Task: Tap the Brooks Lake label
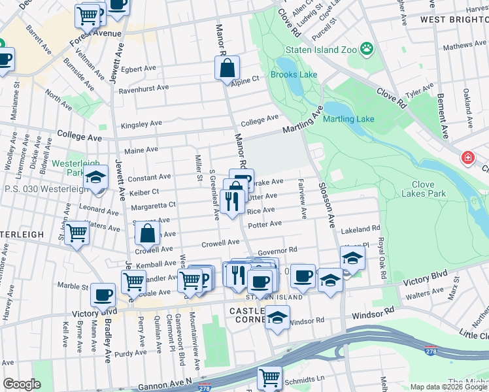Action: (x=294, y=74)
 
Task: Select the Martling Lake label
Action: (x=348, y=119)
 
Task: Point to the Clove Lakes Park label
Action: (x=423, y=189)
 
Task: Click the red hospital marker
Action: (x=468, y=158)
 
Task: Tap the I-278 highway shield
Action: (x=430, y=351)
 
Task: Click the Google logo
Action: (x=22, y=384)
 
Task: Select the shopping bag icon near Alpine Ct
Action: (x=227, y=67)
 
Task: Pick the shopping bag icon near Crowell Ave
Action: (x=148, y=232)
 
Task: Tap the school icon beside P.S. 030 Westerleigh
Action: (x=95, y=178)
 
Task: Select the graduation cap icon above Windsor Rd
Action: (x=277, y=317)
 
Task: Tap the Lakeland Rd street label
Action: (x=360, y=229)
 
